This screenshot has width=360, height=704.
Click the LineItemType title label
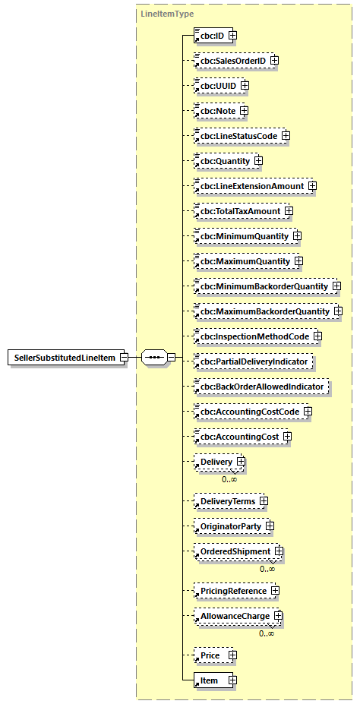168,14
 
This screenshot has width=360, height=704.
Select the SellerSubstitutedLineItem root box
67,358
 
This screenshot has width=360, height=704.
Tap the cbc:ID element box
211,36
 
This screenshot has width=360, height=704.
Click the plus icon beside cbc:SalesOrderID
275,61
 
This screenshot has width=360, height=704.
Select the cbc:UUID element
216,86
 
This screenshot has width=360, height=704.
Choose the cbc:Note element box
216,111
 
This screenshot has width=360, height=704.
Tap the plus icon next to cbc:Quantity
258,161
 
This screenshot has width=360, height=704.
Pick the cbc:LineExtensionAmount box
250,186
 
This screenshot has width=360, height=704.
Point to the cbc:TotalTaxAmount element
238,211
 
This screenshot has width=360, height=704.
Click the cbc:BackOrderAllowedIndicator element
261,387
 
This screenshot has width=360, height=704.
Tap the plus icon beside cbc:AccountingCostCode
308,412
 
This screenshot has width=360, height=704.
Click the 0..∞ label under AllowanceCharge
267,633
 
